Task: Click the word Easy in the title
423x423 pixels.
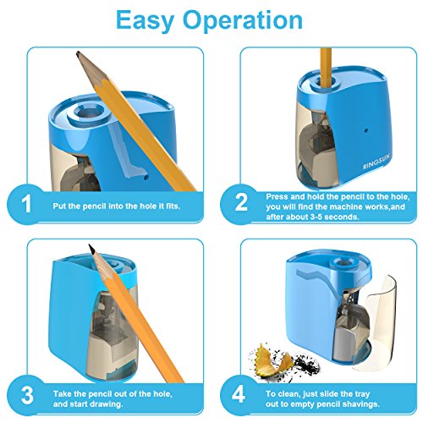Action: coord(145,20)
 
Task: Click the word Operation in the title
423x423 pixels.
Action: coord(243,20)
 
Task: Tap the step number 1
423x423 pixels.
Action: coord(26,204)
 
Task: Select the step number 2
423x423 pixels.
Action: coord(241,202)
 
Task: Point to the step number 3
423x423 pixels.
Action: coord(27,395)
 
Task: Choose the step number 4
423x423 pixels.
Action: coord(239,394)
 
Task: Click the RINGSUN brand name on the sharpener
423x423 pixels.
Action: coord(376,161)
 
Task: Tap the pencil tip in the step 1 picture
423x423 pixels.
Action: coord(79,53)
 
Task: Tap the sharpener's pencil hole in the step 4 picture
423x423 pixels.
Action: coord(345,263)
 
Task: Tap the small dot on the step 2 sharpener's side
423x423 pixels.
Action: coord(366,130)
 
